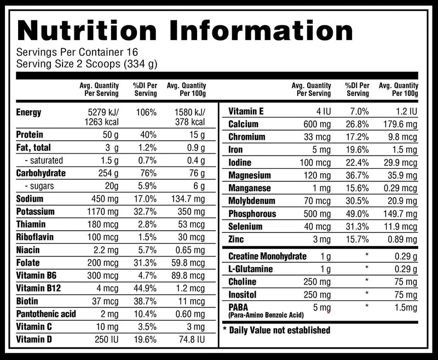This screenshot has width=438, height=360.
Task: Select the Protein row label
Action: (x=30, y=134)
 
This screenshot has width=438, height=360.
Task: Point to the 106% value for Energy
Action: (x=145, y=112)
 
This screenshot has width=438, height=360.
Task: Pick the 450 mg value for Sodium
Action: (x=105, y=199)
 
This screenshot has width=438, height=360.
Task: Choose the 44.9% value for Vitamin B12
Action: (x=145, y=288)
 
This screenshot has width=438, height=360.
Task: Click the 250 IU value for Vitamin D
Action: (x=106, y=340)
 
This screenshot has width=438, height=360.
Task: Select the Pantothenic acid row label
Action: (x=46, y=314)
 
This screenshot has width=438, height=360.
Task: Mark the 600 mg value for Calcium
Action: (x=316, y=124)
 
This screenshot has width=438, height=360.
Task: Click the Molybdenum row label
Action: (x=252, y=201)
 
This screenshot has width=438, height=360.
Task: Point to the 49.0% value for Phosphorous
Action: (x=357, y=214)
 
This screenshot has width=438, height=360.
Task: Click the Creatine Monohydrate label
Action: (x=267, y=256)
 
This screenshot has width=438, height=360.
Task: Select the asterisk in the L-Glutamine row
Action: (x=367, y=269)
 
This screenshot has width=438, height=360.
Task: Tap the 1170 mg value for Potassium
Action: (x=102, y=212)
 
